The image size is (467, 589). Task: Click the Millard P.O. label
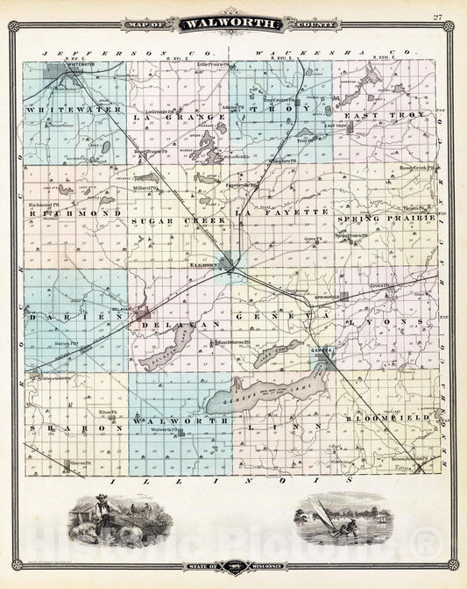tap(145, 187)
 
